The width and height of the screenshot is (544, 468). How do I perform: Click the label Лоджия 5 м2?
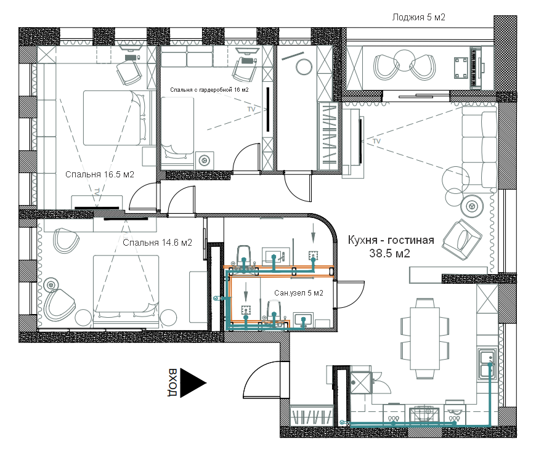(419, 18)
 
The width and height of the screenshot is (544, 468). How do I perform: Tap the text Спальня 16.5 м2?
(100, 175)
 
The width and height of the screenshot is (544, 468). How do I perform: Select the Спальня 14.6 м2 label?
(157, 243)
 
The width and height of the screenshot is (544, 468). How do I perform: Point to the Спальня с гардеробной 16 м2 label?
(209, 90)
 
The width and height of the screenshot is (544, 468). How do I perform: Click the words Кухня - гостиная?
(391, 240)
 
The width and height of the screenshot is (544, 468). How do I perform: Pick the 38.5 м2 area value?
(390, 253)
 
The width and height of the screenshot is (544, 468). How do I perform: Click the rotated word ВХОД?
(173, 382)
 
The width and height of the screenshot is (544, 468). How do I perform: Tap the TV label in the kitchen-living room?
(376, 142)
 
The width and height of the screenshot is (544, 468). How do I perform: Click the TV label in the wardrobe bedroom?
(251, 108)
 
